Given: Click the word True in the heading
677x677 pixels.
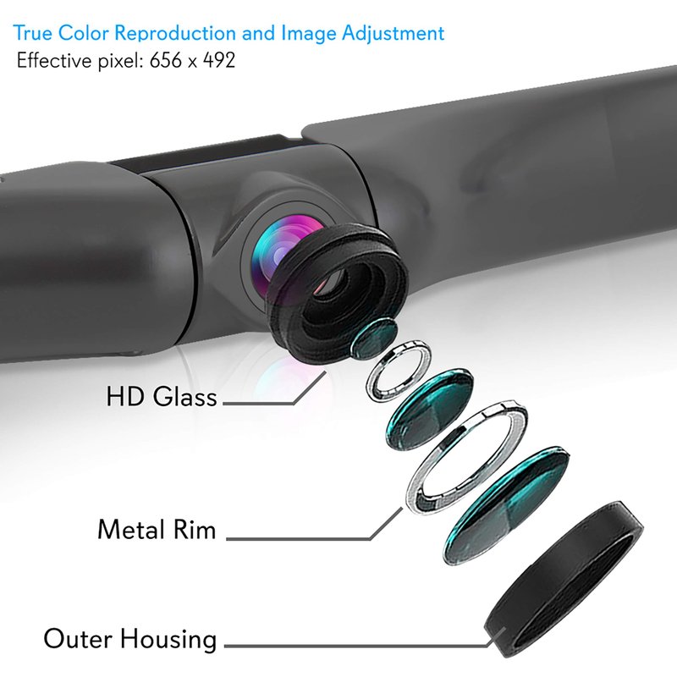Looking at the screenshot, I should pos(31,34).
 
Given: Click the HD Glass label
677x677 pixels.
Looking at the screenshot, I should pos(162,396).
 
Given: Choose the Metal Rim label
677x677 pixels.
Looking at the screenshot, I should pos(157,530).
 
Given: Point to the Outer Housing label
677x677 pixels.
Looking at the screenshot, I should pos(130,638).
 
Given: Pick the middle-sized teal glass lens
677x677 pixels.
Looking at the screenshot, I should pos(429,407).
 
